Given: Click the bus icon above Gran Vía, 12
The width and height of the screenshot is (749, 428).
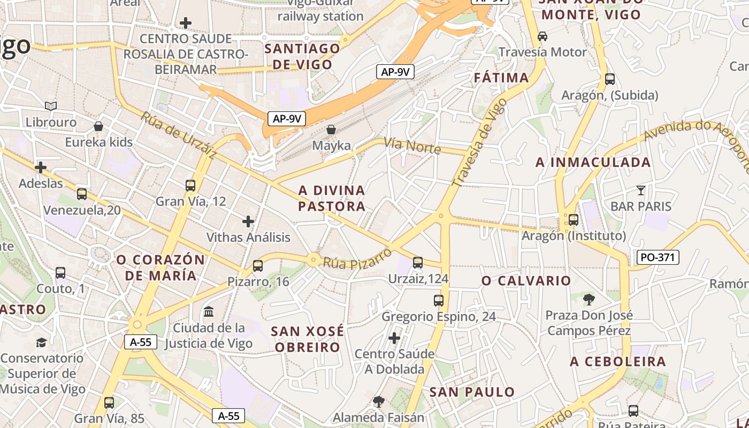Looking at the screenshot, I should [x=190, y=186].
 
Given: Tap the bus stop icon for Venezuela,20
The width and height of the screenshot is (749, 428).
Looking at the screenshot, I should [x=82, y=194].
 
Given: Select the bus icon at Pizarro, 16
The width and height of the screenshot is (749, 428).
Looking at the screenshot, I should [x=258, y=265].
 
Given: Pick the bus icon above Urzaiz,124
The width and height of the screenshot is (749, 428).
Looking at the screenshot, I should [x=418, y=263].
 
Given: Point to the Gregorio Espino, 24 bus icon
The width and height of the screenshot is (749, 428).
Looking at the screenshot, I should [x=439, y=301].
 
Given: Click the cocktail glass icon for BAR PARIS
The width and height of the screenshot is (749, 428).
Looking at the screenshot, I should [x=641, y=190].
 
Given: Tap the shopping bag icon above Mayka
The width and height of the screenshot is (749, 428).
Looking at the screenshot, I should [x=331, y=129].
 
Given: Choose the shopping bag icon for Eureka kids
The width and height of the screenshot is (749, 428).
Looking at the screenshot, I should [x=98, y=126].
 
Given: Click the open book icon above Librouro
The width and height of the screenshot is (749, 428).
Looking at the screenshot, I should [x=51, y=106].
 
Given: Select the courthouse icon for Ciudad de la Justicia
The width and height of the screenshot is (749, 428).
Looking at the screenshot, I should [x=209, y=311].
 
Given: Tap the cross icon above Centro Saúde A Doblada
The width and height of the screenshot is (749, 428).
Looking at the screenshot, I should [x=394, y=338].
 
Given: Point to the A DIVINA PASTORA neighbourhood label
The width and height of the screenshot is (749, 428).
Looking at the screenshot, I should [x=332, y=198].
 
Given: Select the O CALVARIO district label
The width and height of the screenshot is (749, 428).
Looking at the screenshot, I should [x=526, y=281].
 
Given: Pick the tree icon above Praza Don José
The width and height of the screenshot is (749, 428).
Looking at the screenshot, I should [x=589, y=299].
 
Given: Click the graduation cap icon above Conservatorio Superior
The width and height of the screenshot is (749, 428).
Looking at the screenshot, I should [x=42, y=342].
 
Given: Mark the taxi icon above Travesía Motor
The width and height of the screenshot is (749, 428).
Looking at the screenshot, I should [x=542, y=36].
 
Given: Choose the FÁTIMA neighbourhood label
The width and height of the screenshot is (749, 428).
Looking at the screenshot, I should [x=501, y=78].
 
